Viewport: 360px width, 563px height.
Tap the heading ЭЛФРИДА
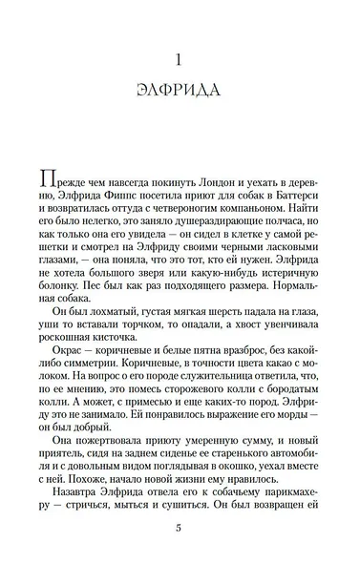pos(180,92)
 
